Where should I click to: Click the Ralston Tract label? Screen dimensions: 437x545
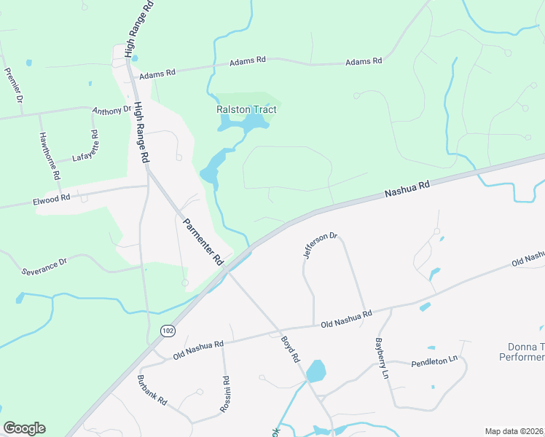246,109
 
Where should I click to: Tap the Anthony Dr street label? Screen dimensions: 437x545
111,111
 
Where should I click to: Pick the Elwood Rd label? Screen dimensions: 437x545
52,197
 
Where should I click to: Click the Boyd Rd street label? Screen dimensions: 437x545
290,348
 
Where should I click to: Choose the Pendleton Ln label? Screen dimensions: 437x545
434,361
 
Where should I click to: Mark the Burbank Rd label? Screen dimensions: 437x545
152,390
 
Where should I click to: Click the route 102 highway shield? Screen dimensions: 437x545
168,331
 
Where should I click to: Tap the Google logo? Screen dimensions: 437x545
24,428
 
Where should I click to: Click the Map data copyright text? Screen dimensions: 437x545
514,431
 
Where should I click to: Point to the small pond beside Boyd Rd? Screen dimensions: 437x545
315,371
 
